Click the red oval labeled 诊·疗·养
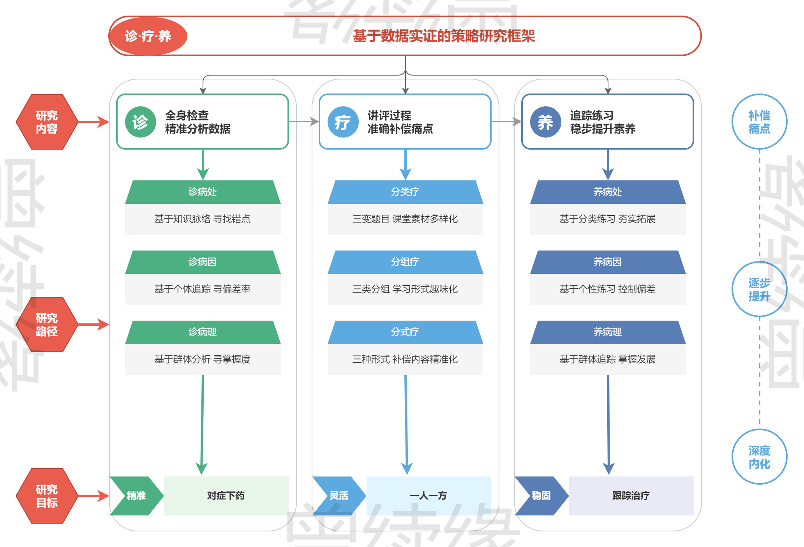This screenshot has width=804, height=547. tap(148, 36)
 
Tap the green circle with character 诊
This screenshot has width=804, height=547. tap(140, 122)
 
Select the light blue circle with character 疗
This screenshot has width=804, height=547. tap(343, 122)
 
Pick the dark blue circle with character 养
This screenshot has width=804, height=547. tap(545, 122)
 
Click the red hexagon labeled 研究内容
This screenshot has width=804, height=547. tap(47, 122)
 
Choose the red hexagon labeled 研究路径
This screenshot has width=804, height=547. tap(47, 325)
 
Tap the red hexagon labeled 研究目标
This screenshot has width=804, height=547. tap(47, 496)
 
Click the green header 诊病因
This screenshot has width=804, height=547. tap(203, 262)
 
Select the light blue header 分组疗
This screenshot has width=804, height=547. tap(405, 262)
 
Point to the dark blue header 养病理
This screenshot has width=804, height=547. tap(608, 332)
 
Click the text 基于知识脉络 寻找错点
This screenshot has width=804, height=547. tap(203, 219)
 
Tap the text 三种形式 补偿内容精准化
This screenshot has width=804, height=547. tap(405, 359)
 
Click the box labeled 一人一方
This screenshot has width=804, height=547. tap(428, 496)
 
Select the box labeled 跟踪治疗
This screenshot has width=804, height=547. tap(631, 496)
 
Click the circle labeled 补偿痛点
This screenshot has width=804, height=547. tap(759, 122)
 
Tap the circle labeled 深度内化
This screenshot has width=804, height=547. tap(759, 457)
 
